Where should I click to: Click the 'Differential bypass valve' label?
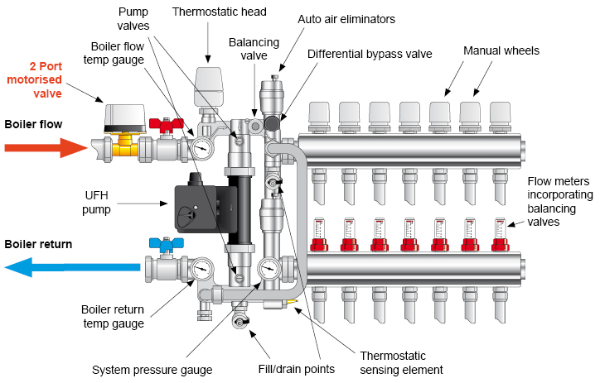[x=370, y=54]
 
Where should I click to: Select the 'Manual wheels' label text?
[x=501, y=50]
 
